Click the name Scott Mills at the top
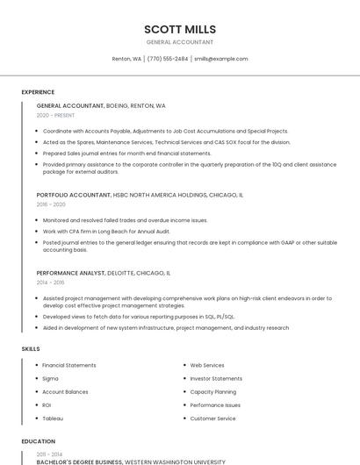click(x=179, y=29)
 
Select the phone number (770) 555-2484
click(x=167, y=59)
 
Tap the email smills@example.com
click(x=220, y=59)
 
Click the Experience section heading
click(x=38, y=91)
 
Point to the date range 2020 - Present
click(x=55, y=115)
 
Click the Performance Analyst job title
click(x=70, y=273)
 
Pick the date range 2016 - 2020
click(x=51, y=204)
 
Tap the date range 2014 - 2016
click(x=50, y=283)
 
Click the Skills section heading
click(x=31, y=349)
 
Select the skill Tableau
click(x=53, y=418)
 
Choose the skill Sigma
click(x=50, y=378)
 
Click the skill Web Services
click(x=207, y=365)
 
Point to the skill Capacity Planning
click(x=213, y=391)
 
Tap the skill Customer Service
click(x=213, y=418)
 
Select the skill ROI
click(x=47, y=405)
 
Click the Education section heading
click(x=38, y=441)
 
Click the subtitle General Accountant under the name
click(x=179, y=42)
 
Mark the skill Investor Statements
click(x=216, y=378)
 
